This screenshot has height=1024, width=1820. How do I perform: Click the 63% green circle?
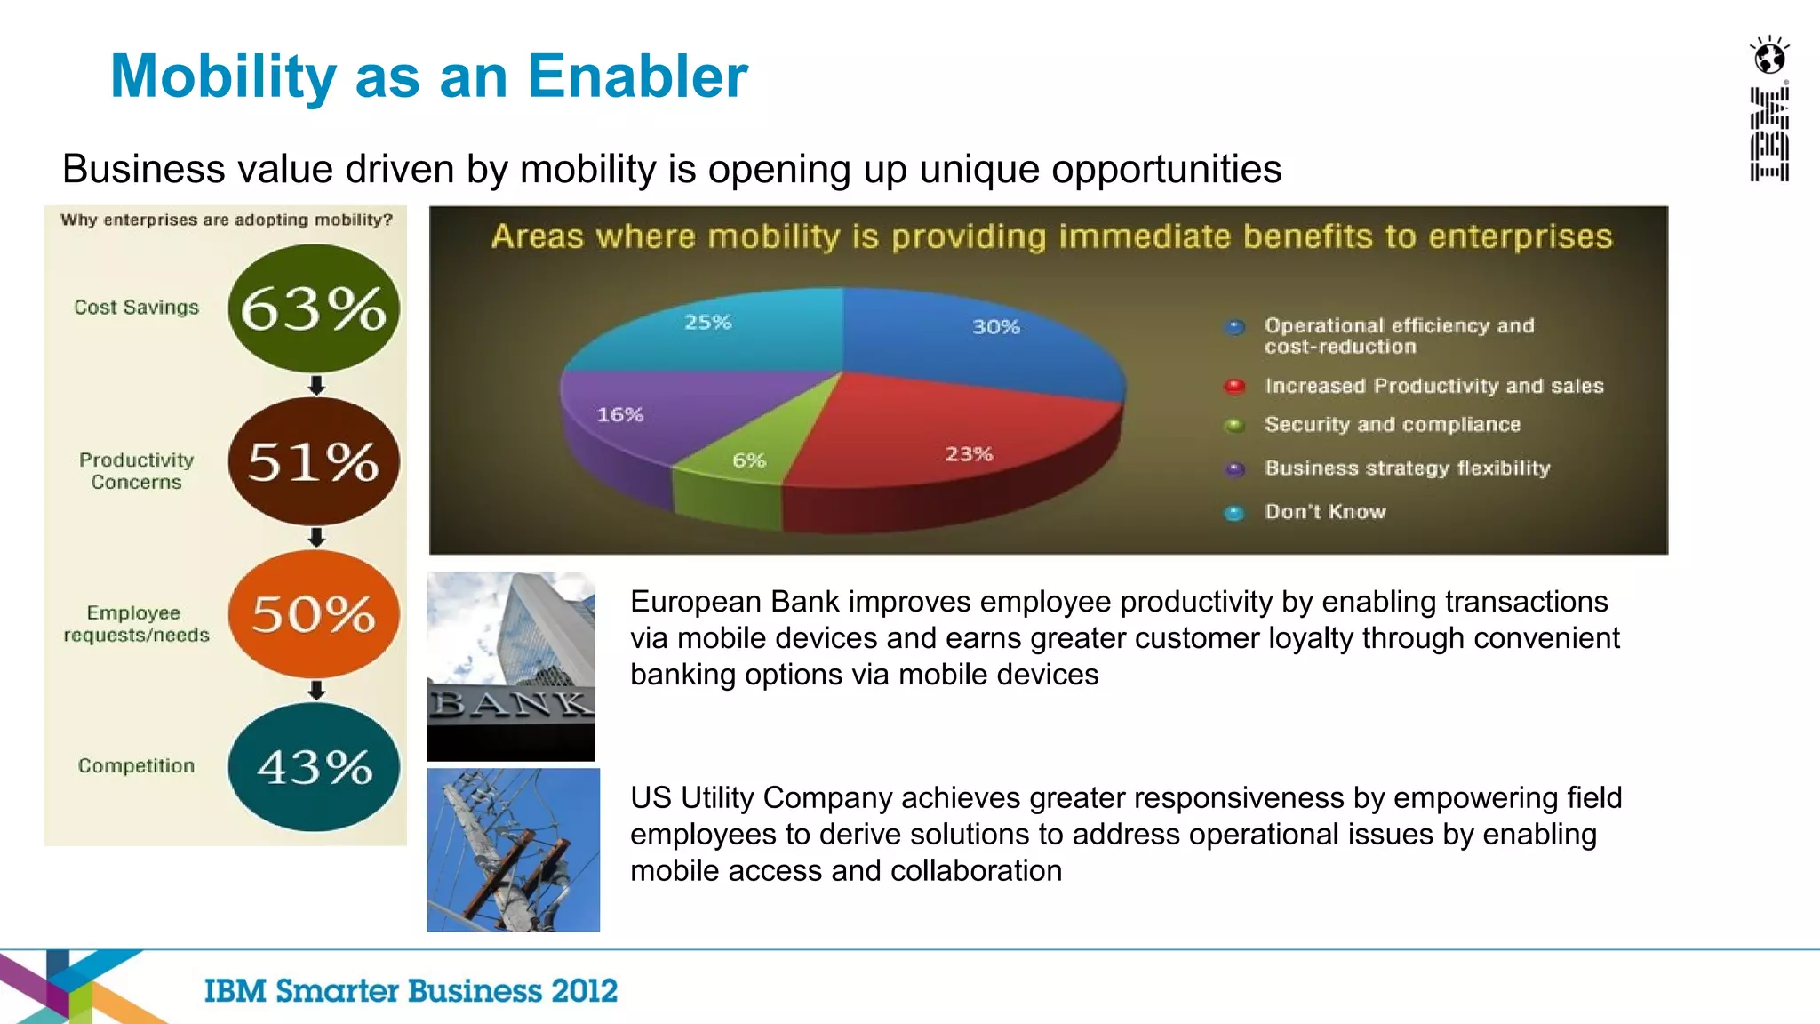[313, 308]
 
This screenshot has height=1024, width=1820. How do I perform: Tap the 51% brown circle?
[313, 461]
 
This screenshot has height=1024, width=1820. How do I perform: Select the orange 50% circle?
[313, 614]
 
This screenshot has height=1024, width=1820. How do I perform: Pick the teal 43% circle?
[313, 767]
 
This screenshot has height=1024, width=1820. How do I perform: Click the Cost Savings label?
[136, 308]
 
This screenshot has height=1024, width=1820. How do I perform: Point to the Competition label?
[136, 766]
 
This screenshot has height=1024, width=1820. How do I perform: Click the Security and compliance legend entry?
[1392, 425]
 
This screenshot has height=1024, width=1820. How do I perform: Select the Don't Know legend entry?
[1324, 512]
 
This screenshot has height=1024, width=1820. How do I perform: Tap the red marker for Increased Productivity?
[1234, 386]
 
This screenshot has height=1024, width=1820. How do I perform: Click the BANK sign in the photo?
[511, 704]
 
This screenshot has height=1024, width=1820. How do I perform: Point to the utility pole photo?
[513, 850]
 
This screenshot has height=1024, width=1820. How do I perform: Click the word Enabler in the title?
[637, 76]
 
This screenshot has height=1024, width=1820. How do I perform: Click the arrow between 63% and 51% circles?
[316, 385]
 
